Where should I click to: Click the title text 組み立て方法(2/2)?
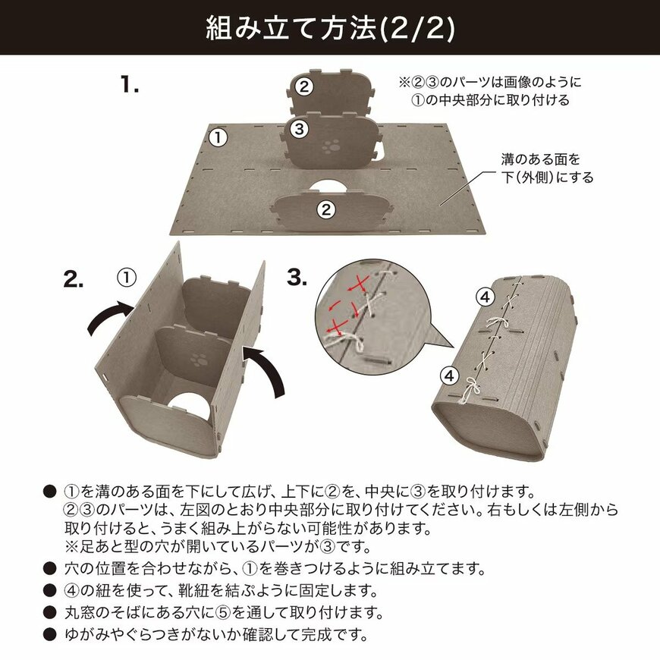tap(330, 28)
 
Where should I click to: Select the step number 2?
tap(74, 280)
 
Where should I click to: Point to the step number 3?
tap(297, 278)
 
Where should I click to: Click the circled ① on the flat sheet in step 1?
tap(218, 137)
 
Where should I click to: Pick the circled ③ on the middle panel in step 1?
tap(300, 129)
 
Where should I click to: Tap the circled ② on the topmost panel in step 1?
tap(304, 86)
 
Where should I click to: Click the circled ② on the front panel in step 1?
tap(325, 209)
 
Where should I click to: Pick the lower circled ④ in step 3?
tap(448, 375)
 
